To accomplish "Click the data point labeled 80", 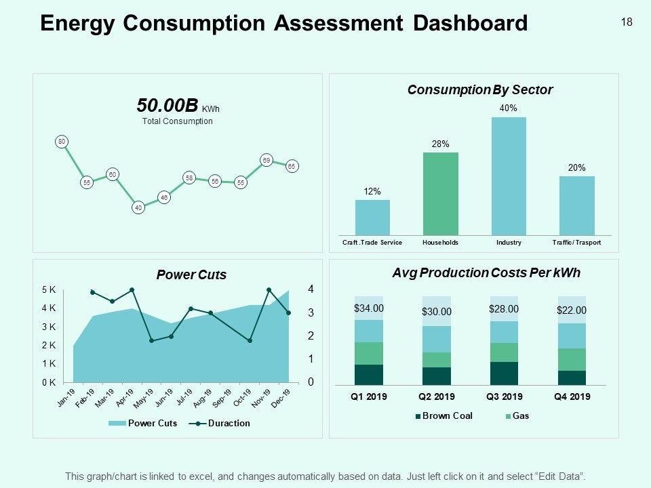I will [x=61, y=142].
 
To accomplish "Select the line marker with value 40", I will [x=138, y=208].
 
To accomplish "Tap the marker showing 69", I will [x=267, y=160].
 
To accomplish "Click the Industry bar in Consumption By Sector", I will [x=509, y=176].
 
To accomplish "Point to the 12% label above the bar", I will [x=372, y=192].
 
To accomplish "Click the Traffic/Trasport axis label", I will [x=576, y=243].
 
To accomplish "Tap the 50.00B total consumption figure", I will [x=167, y=106].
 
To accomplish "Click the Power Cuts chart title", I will [x=191, y=275].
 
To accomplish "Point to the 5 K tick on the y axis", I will [x=48, y=290].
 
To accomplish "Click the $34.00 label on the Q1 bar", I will [x=369, y=308].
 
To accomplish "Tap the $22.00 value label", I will [x=572, y=310].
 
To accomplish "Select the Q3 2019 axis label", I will [x=504, y=397].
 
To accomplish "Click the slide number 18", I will [x=627, y=22].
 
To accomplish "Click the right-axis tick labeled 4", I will [x=311, y=289].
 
